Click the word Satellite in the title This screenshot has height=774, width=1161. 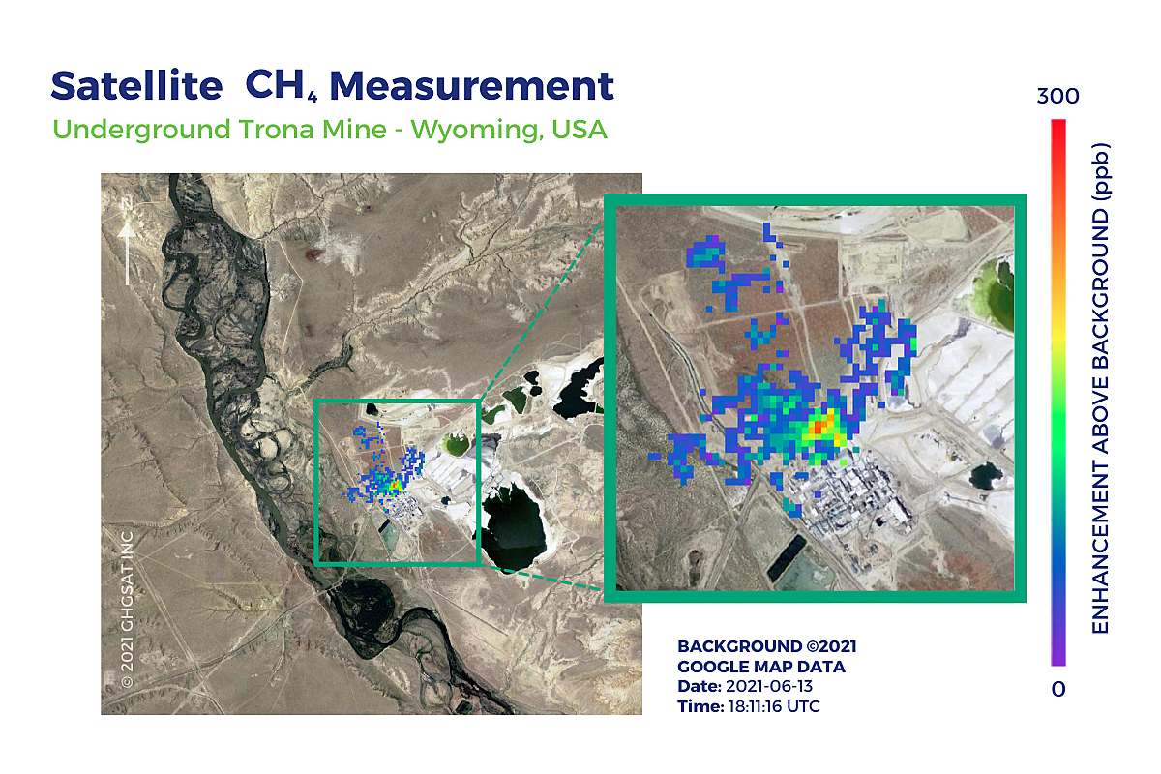tap(136, 86)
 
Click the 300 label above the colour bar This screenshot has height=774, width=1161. tap(1057, 97)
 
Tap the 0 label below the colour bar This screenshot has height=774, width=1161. tap(1058, 689)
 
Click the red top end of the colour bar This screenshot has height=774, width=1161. tap(1058, 126)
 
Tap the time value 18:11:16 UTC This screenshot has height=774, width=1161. tap(772, 706)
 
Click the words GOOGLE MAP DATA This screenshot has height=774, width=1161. tap(761, 667)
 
